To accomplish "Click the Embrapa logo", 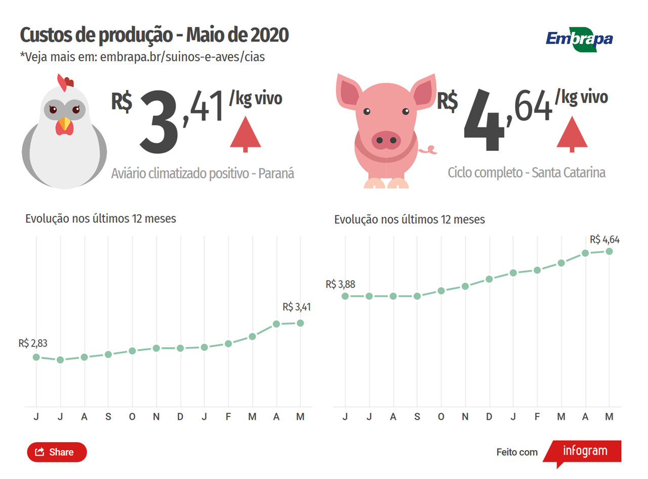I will [x=579, y=38].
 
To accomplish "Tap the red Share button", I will [x=57, y=452].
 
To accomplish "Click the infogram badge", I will [x=584, y=451].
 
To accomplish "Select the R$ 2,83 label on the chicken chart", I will [x=33, y=343].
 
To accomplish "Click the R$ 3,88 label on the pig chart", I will [x=341, y=284].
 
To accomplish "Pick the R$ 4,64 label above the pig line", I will [x=604, y=239].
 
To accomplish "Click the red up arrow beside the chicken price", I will [x=246, y=134].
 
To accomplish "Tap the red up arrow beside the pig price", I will [x=572, y=134].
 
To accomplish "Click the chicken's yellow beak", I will [x=64, y=124].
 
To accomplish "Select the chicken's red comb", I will [x=66, y=81].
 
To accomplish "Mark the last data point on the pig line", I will [x=610, y=251].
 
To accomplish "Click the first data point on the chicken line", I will [x=36, y=357].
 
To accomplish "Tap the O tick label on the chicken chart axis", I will [x=132, y=417].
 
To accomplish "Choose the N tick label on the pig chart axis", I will [x=465, y=417].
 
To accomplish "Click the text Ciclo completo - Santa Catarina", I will [x=526, y=173].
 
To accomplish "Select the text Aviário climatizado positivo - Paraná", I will [x=202, y=174].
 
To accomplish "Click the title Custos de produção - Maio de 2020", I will [x=154, y=35].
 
